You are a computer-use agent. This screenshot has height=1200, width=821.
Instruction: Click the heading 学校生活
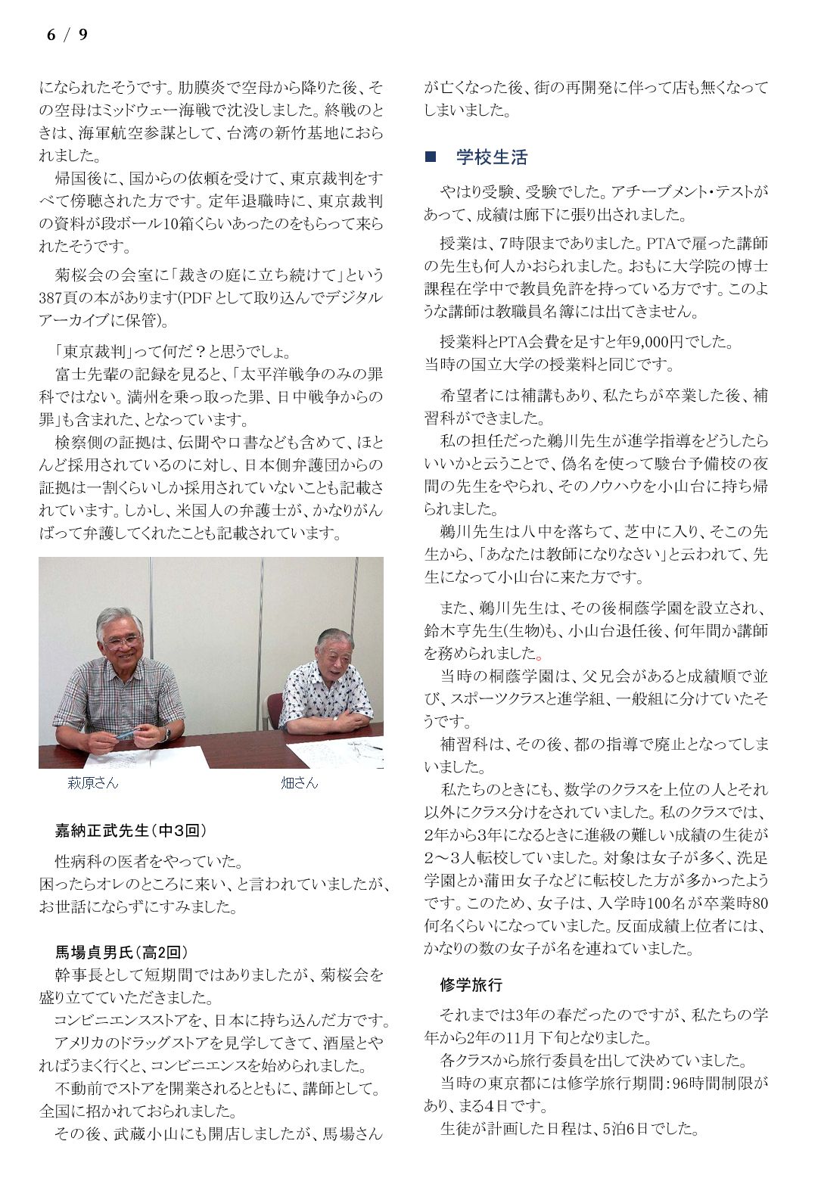(x=491, y=157)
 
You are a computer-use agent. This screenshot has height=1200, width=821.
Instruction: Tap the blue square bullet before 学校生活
(x=431, y=157)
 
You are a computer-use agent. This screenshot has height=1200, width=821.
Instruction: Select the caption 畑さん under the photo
(x=299, y=783)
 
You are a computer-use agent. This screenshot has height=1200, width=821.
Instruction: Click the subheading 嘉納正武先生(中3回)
(x=130, y=831)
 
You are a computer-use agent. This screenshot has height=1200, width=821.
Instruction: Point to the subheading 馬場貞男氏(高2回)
(x=121, y=952)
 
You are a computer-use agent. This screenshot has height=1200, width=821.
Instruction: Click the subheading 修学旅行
(x=471, y=984)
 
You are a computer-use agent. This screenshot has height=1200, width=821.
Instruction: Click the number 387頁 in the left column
(x=61, y=297)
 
